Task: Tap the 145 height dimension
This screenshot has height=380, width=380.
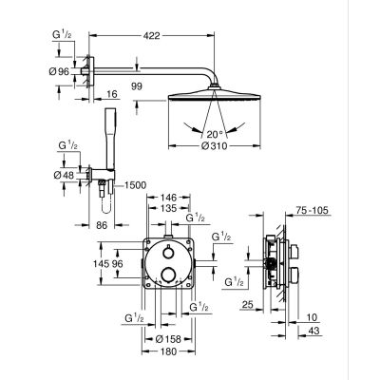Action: point(101,263)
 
